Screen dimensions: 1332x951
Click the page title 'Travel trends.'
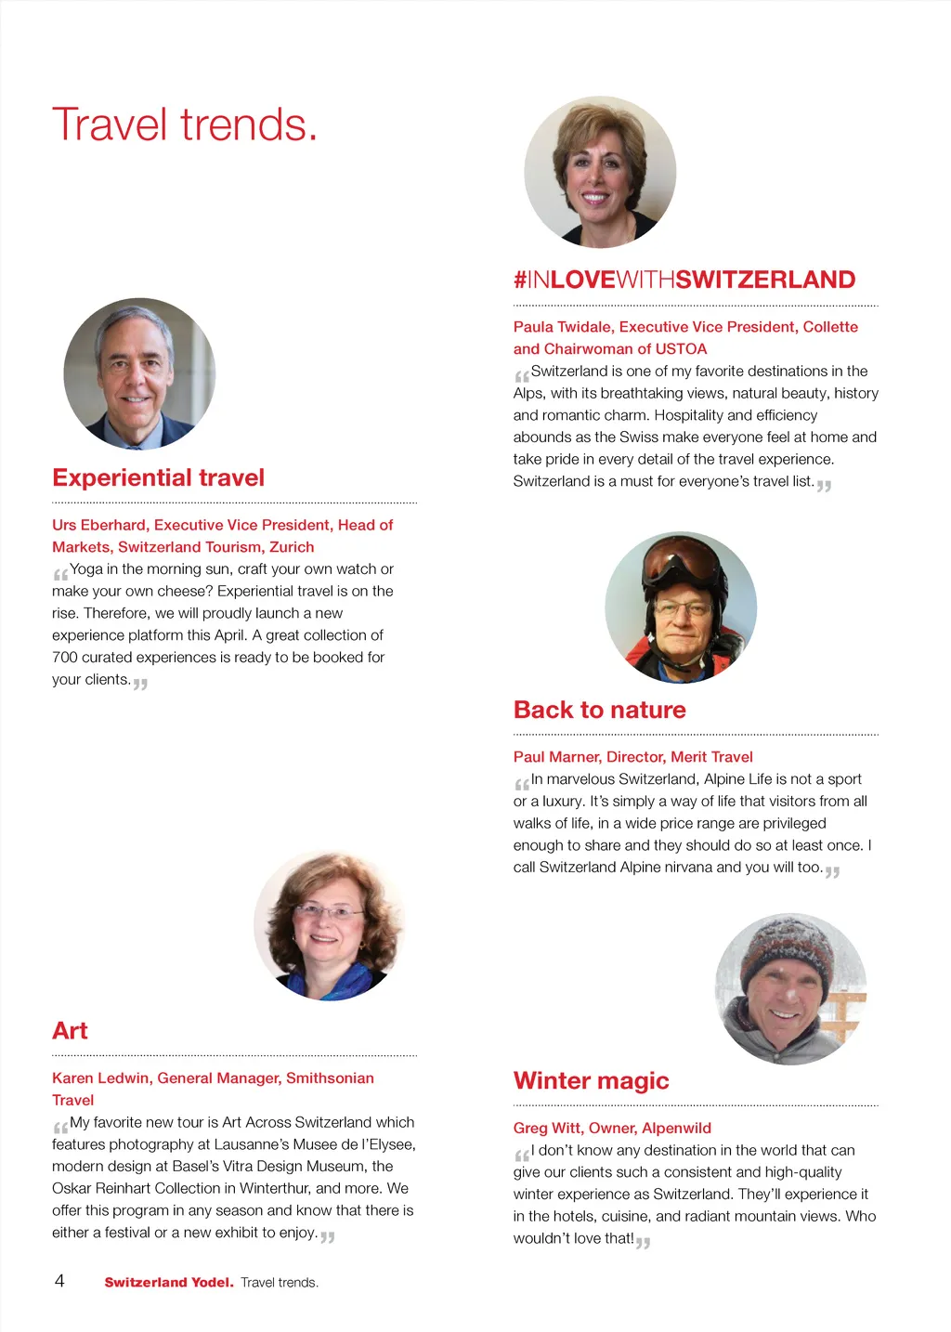185,125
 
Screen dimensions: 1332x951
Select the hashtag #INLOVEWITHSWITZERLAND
684,280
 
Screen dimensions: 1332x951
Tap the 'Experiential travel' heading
159,477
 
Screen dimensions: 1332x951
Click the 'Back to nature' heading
599,710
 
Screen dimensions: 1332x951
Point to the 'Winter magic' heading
591,1080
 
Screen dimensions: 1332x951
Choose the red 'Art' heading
70,1031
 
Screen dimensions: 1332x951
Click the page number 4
59,1281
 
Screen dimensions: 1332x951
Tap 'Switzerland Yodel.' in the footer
168,1283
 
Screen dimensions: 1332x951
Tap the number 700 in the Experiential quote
65,658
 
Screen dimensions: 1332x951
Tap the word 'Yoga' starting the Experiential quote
86,568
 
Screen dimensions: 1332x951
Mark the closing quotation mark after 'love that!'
643,1242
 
